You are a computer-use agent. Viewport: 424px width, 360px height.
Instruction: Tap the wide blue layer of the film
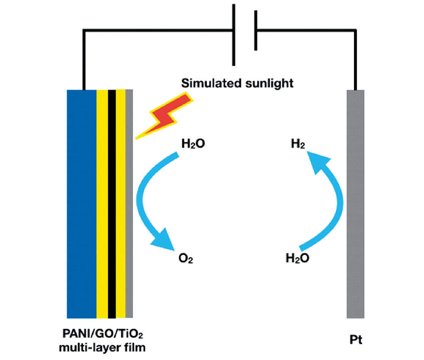[82, 203]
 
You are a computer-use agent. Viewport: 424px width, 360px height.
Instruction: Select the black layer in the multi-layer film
[112, 203]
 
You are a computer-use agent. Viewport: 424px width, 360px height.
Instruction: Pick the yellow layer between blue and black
[102, 203]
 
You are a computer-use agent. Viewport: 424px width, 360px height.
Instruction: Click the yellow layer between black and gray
[121, 203]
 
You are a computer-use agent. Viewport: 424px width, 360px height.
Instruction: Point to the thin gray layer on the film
[129, 203]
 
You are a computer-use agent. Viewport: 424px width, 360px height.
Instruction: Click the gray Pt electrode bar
[356, 203]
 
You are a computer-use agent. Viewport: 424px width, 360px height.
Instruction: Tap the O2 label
[186, 258]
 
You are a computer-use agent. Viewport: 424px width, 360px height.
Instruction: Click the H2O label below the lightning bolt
[193, 144]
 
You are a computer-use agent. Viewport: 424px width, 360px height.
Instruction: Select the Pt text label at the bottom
[356, 339]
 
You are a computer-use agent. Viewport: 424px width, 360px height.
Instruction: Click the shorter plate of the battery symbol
[256, 30]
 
